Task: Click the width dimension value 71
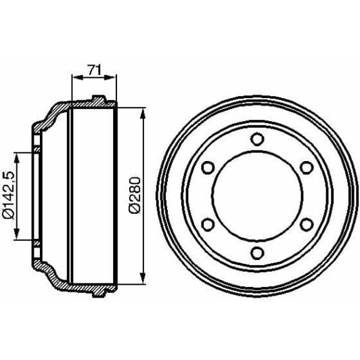[x=93, y=68]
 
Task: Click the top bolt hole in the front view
[x=256, y=139]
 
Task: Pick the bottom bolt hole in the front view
[x=256, y=253]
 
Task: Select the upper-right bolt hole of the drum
[x=306, y=168]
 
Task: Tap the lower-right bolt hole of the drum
[x=306, y=225]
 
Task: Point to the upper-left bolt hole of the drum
[x=208, y=168]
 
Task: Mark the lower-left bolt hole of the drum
[x=208, y=225]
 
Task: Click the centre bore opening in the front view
[x=256, y=196]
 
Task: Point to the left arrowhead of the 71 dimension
[x=74, y=77]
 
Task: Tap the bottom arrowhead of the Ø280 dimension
[x=142, y=281]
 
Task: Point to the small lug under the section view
[x=98, y=293]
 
